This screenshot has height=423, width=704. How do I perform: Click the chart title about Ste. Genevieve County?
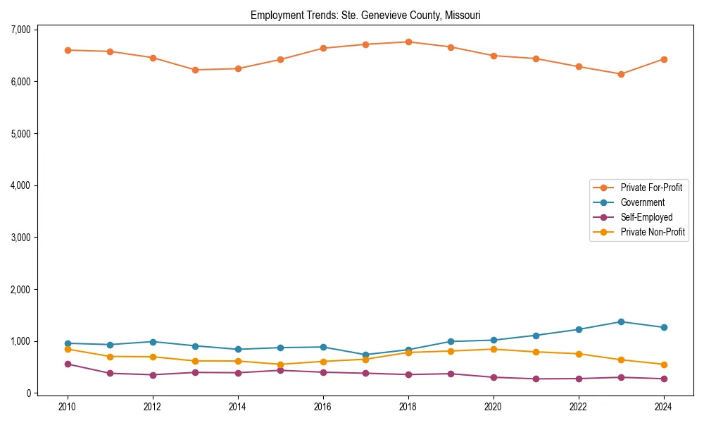click(365, 15)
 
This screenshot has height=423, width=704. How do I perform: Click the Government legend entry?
click(642, 202)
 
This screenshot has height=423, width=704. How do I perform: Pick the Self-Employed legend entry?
click(646, 217)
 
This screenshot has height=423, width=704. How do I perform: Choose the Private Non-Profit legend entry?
click(653, 232)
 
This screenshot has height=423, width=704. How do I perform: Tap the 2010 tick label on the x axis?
click(68, 407)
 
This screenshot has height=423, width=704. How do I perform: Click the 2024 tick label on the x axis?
click(663, 407)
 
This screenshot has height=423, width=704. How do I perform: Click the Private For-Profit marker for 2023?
click(621, 74)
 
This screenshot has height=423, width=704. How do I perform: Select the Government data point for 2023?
click(621, 321)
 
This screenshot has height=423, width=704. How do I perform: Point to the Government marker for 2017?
click(365, 355)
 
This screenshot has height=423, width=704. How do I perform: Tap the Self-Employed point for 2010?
click(68, 364)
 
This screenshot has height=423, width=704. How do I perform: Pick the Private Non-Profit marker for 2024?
click(663, 364)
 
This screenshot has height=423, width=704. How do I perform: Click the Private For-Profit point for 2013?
click(195, 70)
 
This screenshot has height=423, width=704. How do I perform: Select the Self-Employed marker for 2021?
click(536, 379)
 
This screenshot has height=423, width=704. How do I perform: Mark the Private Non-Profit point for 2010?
click(68, 349)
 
